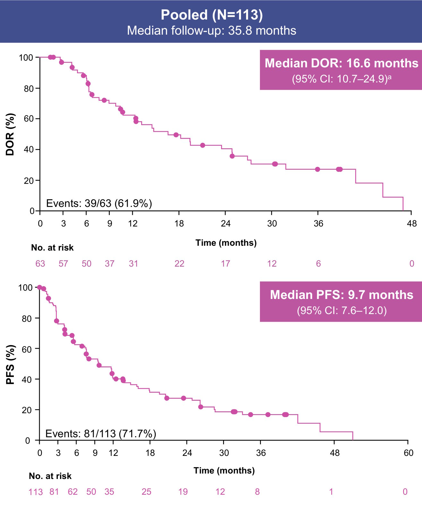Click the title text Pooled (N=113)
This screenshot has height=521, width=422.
pos(211,15)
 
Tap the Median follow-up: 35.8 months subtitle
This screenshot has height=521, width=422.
pos(211,31)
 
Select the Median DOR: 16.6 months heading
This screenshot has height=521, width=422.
pos(341,63)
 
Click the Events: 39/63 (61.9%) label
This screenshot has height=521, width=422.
pos(99,203)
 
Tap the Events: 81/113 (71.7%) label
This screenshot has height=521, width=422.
pos(101,434)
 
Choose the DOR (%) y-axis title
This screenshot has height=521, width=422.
pos(10,134)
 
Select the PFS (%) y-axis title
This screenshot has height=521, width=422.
pos(10,364)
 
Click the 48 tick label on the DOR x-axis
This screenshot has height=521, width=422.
pos(412,224)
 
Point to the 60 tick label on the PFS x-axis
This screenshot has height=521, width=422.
pos(408,453)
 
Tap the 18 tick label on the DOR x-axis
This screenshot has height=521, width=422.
pos(179,224)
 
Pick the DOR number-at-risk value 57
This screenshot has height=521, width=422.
pos(63,264)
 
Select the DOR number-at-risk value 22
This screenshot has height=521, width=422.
pos(179,264)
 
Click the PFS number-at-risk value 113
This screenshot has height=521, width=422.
pos(35,492)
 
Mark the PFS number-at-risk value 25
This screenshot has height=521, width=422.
pos(146,492)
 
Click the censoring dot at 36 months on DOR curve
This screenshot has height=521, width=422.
pos(317,169)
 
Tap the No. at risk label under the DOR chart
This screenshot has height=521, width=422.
pos(52,248)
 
